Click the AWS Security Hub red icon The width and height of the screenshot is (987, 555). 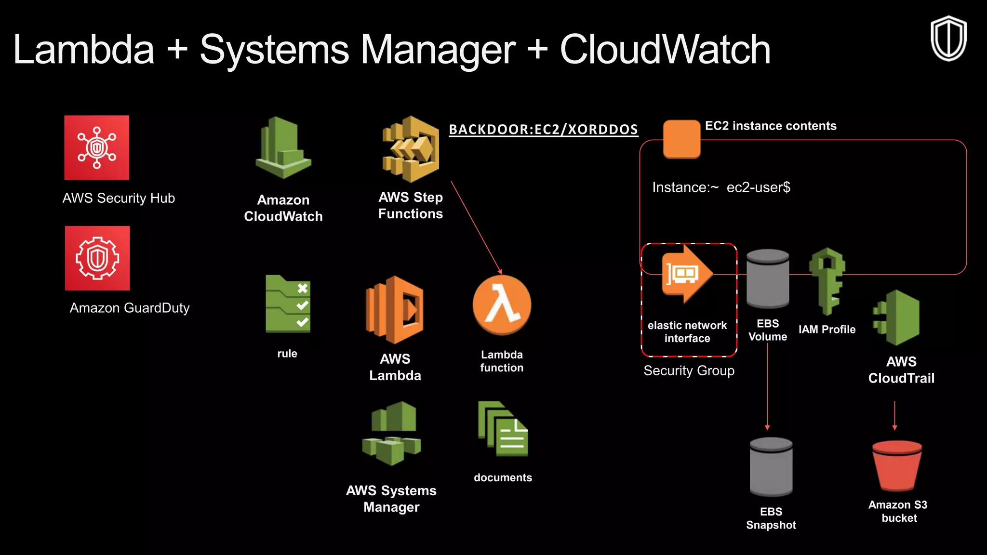[x=97, y=147]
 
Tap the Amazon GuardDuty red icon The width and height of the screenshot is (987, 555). [x=97, y=258]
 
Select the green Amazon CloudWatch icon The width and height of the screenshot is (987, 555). [x=283, y=148]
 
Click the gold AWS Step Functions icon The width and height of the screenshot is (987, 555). [x=411, y=149]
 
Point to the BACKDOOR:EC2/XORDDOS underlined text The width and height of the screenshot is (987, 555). [x=543, y=130]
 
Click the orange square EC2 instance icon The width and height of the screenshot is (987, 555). [x=681, y=139]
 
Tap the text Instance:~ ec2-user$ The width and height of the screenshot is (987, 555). [x=721, y=187]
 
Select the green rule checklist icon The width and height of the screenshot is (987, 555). [x=288, y=304]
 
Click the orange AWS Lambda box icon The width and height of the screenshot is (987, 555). [x=395, y=309]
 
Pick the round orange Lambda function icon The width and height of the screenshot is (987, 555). [x=502, y=305]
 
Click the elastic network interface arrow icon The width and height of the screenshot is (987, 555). [x=686, y=274]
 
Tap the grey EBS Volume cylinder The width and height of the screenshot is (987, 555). [x=767, y=278]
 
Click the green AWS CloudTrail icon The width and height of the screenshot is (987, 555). [x=897, y=318]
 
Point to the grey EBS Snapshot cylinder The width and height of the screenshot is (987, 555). [x=771, y=466]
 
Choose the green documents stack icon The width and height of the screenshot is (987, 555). [x=503, y=429]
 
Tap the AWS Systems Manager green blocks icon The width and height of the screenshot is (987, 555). [x=391, y=433]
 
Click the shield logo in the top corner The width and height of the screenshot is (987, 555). [x=948, y=39]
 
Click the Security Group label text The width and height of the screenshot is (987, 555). [x=689, y=370]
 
